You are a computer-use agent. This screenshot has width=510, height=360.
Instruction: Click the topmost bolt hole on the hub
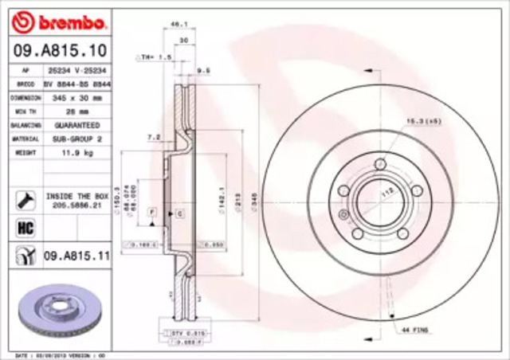click(x=380, y=163)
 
